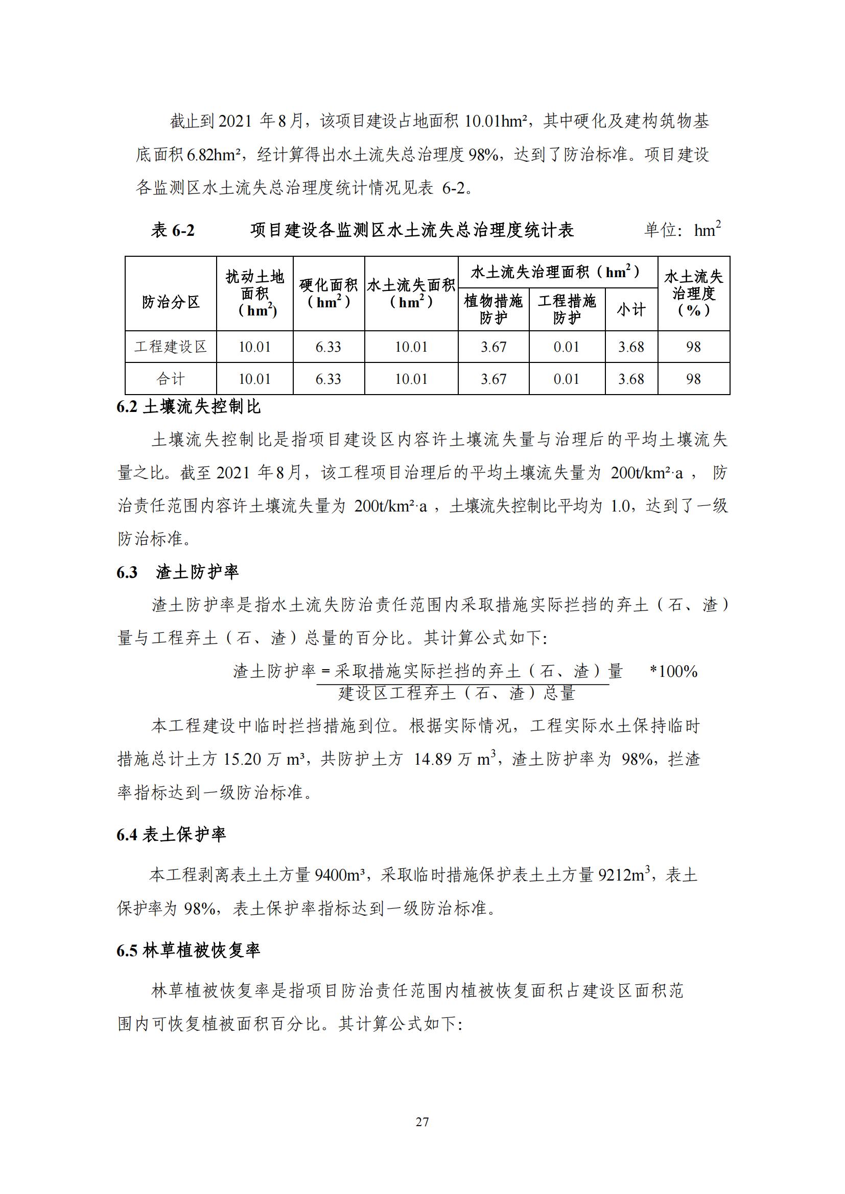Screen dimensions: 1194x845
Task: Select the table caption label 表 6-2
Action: click(172, 230)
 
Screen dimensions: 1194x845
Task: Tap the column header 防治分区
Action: click(171, 302)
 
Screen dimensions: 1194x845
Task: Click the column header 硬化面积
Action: click(328, 294)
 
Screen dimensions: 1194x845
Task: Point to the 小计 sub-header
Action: click(631, 310)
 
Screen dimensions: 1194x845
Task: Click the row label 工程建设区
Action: click(171, 347)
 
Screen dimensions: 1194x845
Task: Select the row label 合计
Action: click(171, 379)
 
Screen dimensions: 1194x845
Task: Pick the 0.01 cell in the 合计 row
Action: click(566, 379)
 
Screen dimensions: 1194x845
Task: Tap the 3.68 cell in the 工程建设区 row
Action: click(631, 347)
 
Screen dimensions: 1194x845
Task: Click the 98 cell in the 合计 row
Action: click(693, 379)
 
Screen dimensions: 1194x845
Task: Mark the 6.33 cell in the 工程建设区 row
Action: click(328, 347)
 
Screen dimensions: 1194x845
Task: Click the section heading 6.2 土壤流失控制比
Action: click(189, 407)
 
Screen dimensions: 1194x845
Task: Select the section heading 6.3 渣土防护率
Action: click(177, 573)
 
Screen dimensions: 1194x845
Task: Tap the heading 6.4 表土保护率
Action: click(171, 835)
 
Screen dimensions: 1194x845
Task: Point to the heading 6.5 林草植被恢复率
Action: click(189, 951)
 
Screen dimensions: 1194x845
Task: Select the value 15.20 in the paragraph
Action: click(242, 760)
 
